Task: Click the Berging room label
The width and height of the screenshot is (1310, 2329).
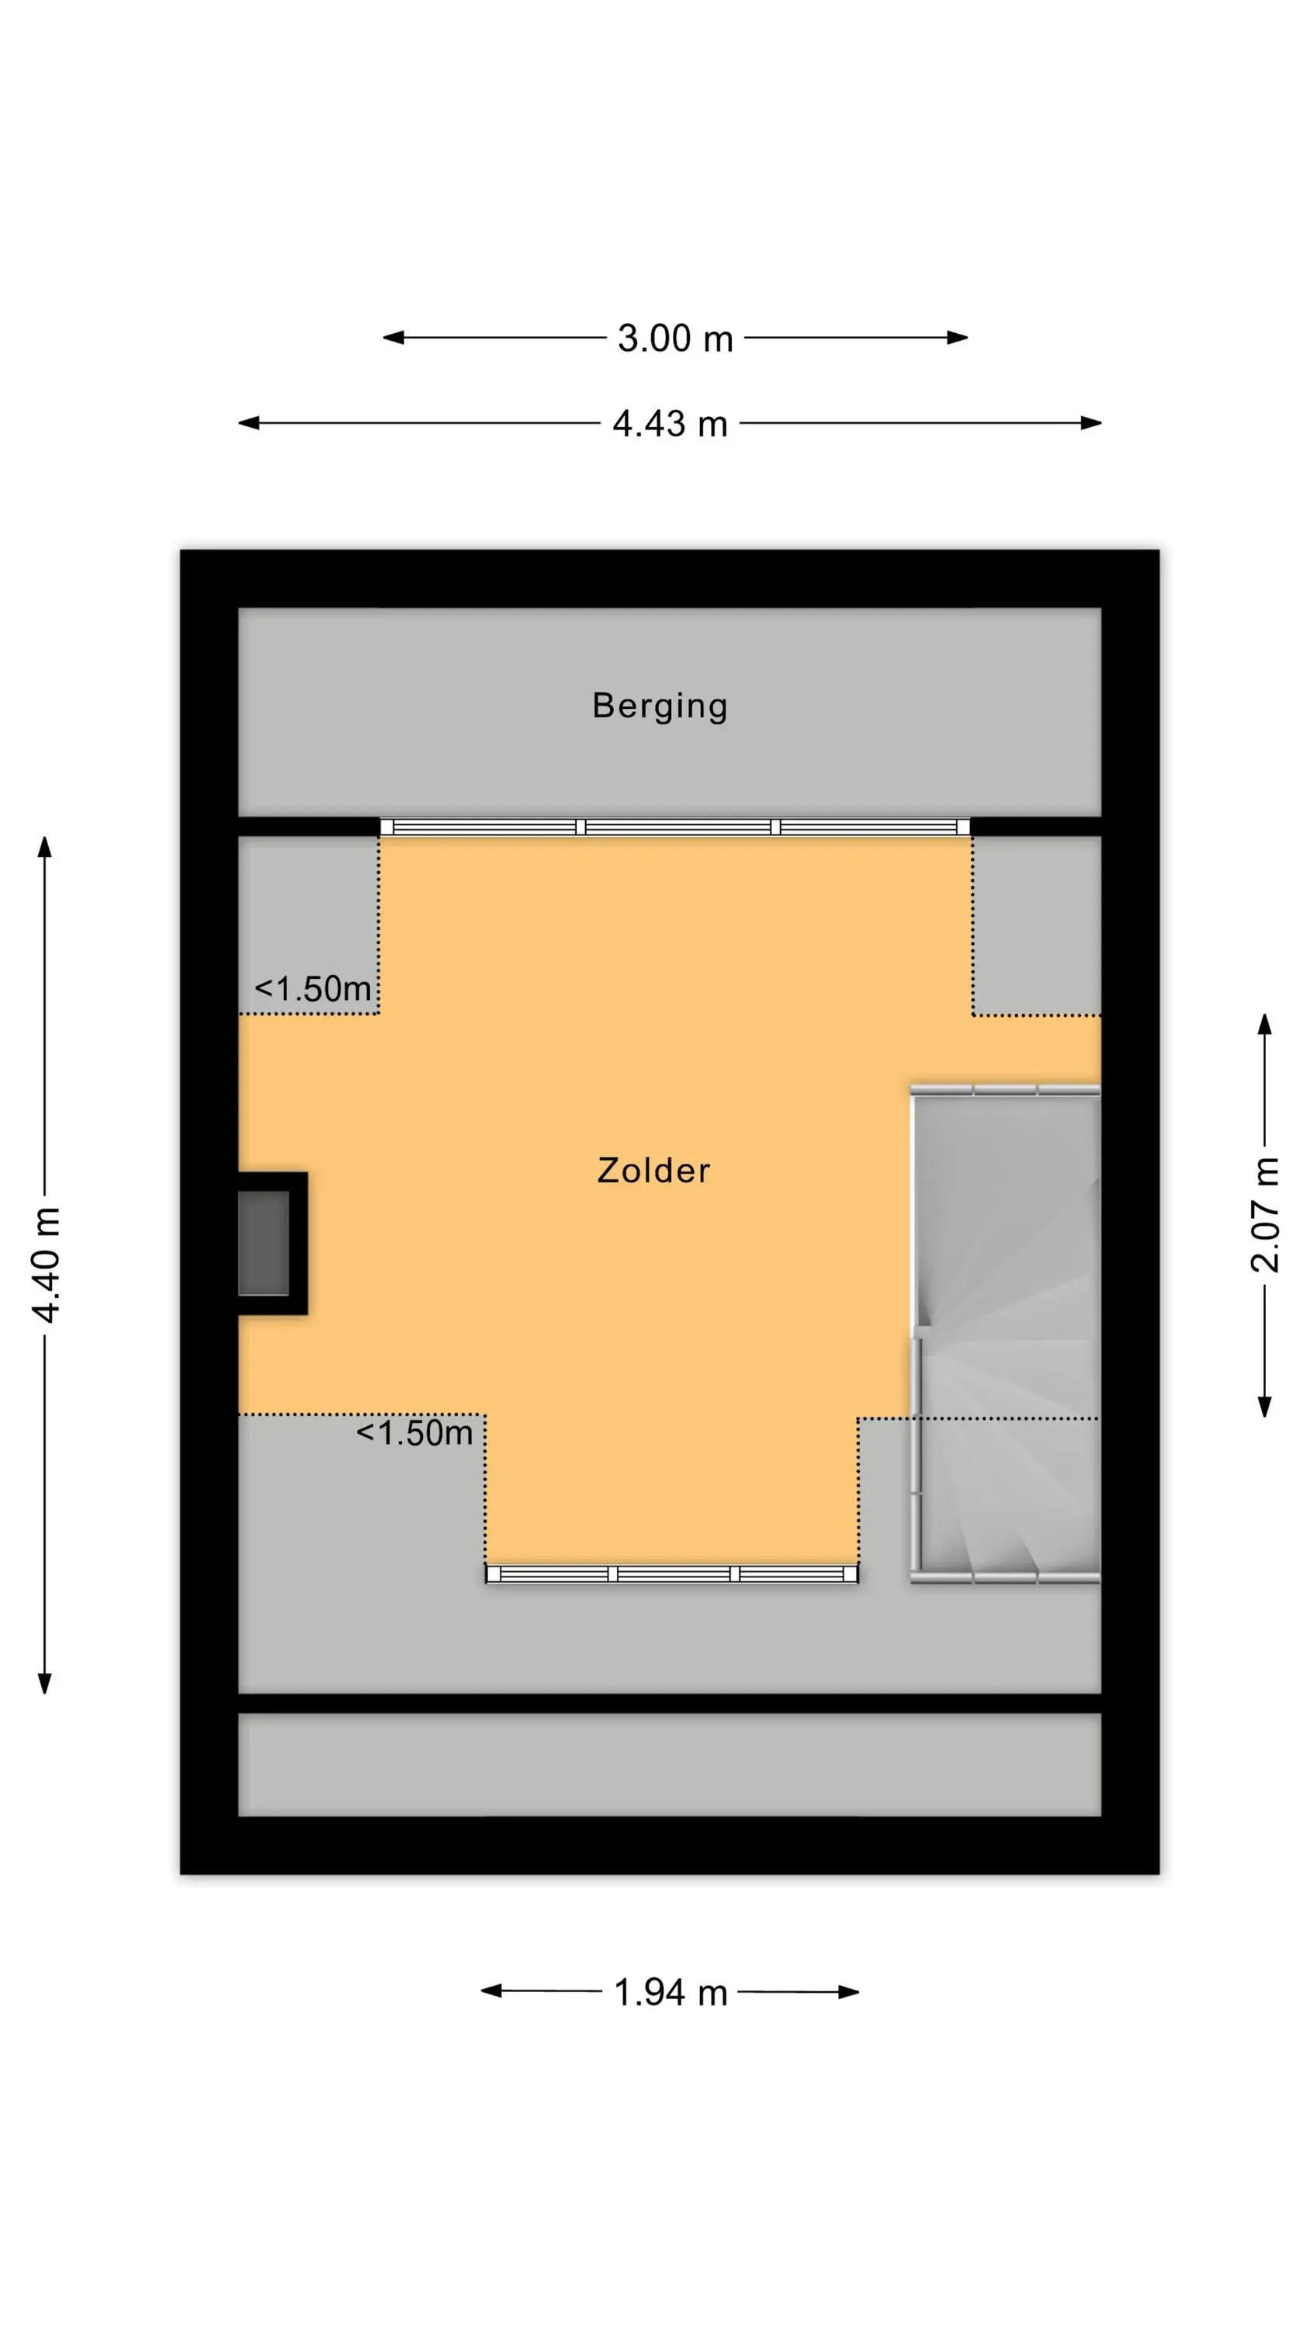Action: click(659, 706)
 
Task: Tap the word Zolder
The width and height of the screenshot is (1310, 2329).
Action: click(653, 1170)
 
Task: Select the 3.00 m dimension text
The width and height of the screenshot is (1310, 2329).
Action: click(674, 338)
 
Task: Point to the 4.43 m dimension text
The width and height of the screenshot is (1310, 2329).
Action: click(670, 423)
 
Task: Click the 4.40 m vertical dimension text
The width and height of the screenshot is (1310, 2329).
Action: click(46, 1264)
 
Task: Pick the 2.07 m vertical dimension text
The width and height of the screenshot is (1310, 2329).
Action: click(1265, 1214)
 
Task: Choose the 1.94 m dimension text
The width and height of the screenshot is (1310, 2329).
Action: click(671, 1992)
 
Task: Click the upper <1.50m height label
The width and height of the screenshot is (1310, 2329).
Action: click(313, 988)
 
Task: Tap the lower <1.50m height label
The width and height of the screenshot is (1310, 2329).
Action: click(414, 1432)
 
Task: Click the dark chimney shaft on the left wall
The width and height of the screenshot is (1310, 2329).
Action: click(264, 1243)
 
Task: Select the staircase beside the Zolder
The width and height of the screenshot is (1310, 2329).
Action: click(1005, 1335)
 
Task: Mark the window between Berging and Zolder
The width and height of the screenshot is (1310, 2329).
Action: click(674, 826)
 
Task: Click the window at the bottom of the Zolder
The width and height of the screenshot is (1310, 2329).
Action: click(672, 1574)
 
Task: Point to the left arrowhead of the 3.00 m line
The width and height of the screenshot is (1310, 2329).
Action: click(394, 338)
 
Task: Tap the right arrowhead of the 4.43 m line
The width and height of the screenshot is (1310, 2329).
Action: click(1091, 422)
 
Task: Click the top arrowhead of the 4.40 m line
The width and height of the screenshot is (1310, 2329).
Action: click(44, 847)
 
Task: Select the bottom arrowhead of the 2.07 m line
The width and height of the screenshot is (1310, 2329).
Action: click(1265, 1406)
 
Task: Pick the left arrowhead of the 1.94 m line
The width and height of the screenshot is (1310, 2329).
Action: click(492, 1991)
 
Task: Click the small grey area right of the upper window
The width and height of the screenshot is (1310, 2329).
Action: click(1038, 924)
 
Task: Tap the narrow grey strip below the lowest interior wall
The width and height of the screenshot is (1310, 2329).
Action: click(670, 1764)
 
